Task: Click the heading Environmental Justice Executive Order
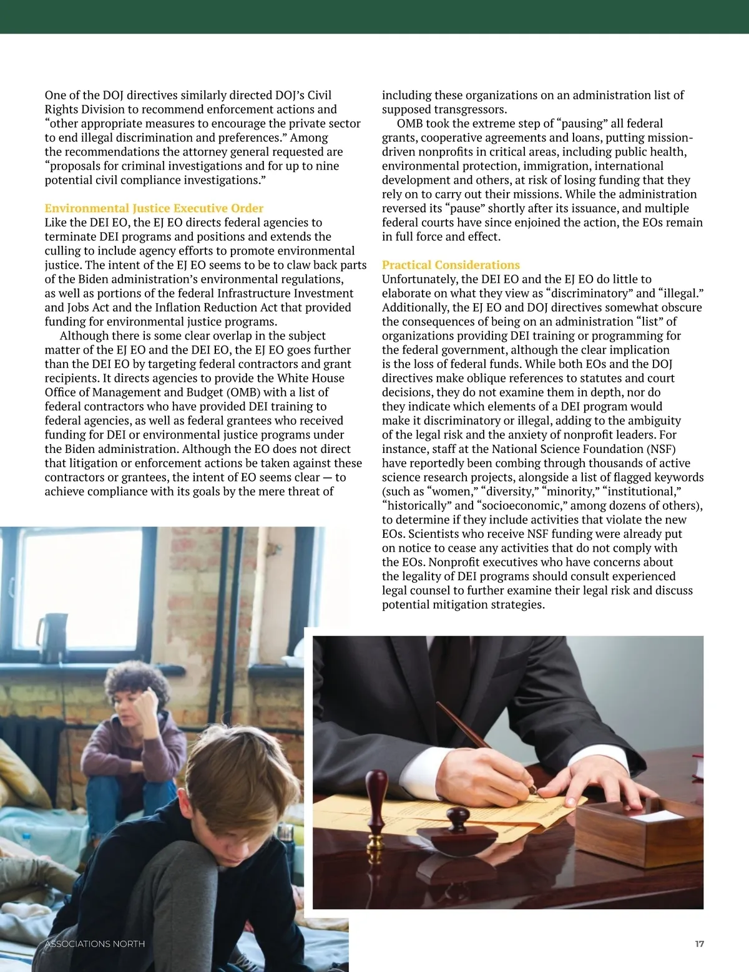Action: click(154, 208)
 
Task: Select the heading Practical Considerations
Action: click(451, 265)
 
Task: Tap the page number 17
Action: click(699, 944)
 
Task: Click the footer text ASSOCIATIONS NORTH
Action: click(95, 944)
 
